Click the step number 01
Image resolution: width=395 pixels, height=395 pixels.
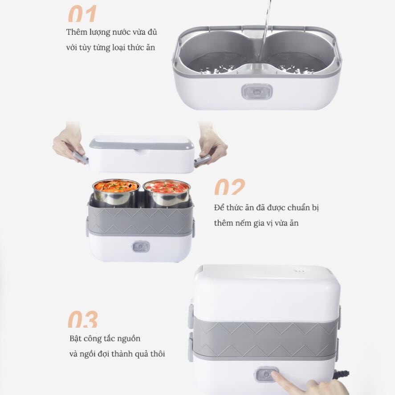tap(82, 14)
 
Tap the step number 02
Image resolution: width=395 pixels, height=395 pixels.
tap(229, 187)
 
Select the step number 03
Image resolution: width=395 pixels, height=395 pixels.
tap(83, 319)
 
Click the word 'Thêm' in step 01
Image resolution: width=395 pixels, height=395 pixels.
tap(75, 32)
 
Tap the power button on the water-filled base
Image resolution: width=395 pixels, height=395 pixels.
tap(257, 92)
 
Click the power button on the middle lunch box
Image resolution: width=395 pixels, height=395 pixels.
tap(141, 246)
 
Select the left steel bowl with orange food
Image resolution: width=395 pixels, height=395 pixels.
tap(116, 191)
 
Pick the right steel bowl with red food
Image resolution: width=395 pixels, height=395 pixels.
tap(166, 192)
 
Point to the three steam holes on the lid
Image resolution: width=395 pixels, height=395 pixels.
tap(300, 271)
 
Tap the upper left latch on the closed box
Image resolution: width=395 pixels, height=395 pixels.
tap(191, 316)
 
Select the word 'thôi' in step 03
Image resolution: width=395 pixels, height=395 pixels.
tap(158, 354)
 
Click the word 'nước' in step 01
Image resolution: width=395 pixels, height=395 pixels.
tap(122, 32)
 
